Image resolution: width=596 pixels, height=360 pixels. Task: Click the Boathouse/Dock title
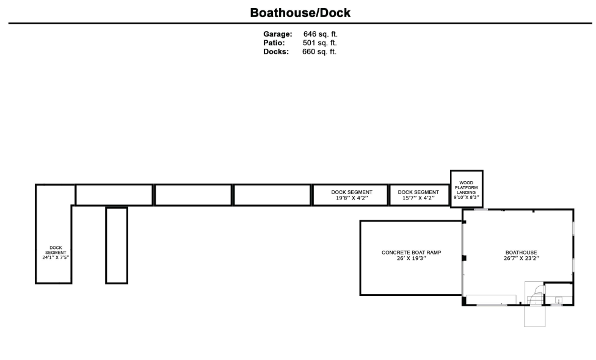click(x=300, y=13)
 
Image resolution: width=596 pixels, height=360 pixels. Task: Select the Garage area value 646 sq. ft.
click(x=321, y=34)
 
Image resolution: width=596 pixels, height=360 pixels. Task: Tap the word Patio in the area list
click(x=274, y=43)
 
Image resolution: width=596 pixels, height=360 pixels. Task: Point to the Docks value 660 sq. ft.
click(x=319, y=52)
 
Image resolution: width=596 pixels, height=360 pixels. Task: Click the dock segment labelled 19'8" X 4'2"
click(x=351, y=195)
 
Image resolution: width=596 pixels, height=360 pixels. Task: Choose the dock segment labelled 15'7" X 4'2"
click(x=420, y=195)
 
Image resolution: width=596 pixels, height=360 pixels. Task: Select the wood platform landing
click(x=467, y=189)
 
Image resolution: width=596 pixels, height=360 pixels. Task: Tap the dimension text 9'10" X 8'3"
click(x=467, y=198)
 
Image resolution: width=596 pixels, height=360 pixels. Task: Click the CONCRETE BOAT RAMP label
click(x=411, y=253)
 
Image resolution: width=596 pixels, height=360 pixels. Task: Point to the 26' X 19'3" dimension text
click(x=411, y=259)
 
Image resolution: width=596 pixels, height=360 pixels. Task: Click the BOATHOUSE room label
click(x=521, y=253)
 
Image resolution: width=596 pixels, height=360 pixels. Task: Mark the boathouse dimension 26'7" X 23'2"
click(x=521, y=259)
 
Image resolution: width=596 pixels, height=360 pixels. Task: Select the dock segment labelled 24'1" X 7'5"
click(x=54, y=234)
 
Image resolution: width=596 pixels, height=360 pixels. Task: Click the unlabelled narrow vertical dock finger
click(x=117, y=245)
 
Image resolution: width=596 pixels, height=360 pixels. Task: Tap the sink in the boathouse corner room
click(x=558, y=300)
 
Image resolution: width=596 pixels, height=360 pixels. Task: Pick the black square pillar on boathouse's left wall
click(x=463, y=258)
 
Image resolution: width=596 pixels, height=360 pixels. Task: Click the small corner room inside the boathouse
click(x=558, y=293)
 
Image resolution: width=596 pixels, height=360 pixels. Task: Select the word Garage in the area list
click(x=278, y=34)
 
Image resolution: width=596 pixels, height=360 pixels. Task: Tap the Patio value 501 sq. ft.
click(x=319, y=43)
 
